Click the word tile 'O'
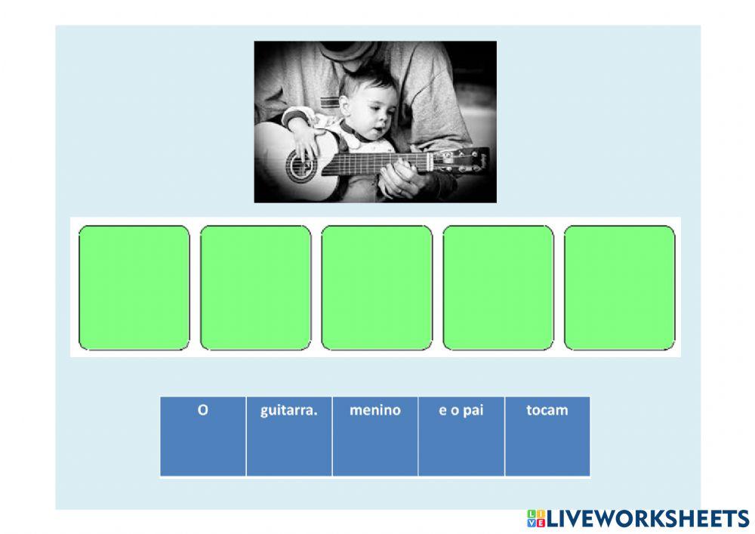pyautogui.click(x=202, y=437)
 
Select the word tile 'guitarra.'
pyautogui.click(x=289, y=437)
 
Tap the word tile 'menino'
pyautogui.click(x=375, y=437)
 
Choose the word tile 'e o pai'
pyautogui.click(x=461, y=437)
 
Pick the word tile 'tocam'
pyautogui.click(x=547, y=437)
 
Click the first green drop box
pyautogui.click(x=134, y=288)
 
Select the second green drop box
pyautogui.click(x=256, y=288)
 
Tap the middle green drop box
pyautogui.click(x=377, y=288)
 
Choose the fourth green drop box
pyautogui.click(x=498, y=288)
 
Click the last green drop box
pyautogui.click(x=620, y=288)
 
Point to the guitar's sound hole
pyautogui.click(x=300, y=165)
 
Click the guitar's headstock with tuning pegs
pyautogui.click(x=461, y=160)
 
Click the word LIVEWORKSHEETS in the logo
pyautogui.click(x=648, y=519)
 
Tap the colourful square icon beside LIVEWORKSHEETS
pyautogui.click(x=536, y=519)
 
